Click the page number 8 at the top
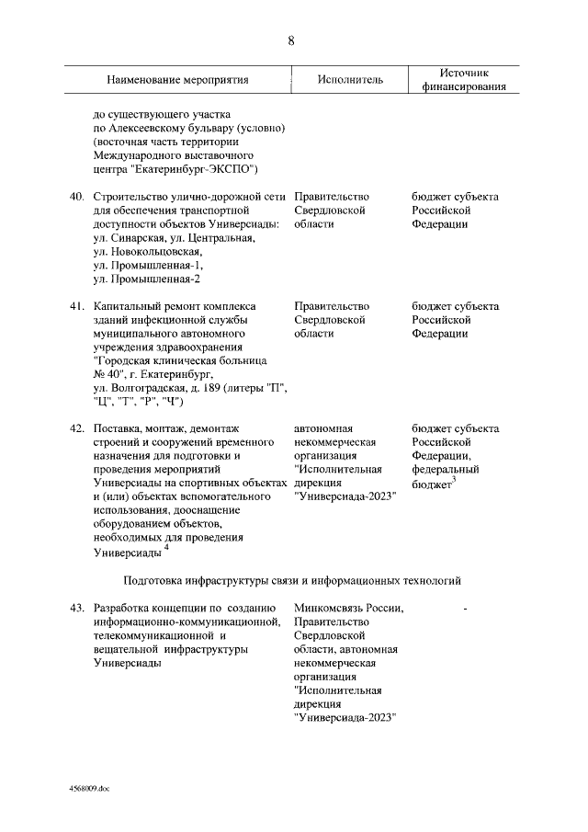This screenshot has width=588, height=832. (291, 41)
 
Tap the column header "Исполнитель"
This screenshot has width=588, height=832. (350, 80)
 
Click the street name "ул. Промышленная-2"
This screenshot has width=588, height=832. (146, 279)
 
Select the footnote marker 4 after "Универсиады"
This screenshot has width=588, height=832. (166, 549)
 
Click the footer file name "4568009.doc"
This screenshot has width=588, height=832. (89, 789)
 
